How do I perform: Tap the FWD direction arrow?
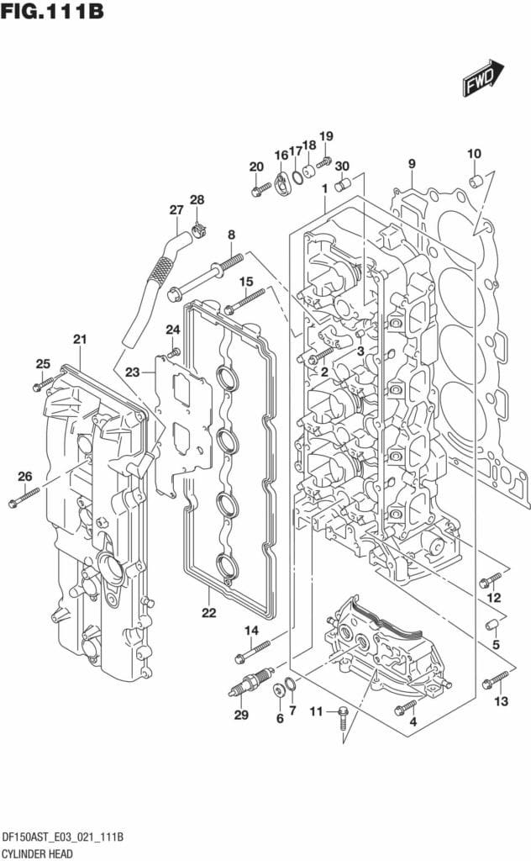click(x=481, y=80)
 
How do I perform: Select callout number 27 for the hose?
click(x=176, y=210)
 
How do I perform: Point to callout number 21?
click(x=80, y=340)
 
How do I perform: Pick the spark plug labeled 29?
click(x=250, y=680)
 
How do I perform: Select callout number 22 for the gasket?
click(x=208, y=611)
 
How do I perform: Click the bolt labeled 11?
click(x=341, y=720)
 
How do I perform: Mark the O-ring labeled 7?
click(x=290, y=687)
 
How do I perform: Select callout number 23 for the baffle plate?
click(x=133, y=372)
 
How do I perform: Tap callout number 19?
click(x=326, y=136)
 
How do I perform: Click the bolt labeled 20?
click(x=260, y=189)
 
